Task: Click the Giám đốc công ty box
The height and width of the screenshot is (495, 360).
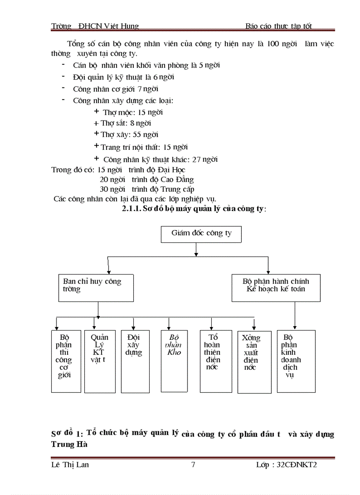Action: pos(201,234)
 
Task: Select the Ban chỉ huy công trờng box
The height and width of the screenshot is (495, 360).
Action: pos(96,287)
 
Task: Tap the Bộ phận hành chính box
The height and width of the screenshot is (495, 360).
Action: pos(276,287)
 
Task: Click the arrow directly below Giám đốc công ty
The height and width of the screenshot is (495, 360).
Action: pos(195,249)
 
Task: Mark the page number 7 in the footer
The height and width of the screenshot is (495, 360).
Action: pos(193,465)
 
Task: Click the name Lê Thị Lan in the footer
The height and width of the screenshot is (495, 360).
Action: pos(70,465)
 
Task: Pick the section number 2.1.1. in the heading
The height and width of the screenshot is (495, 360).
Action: pos(131,209)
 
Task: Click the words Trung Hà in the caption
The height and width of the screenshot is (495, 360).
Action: pos(69,444)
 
